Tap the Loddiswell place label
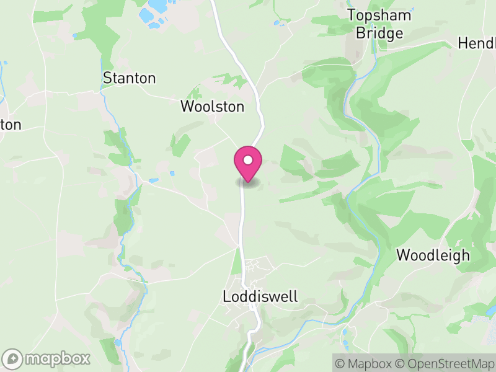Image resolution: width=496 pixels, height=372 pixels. coord(260,297)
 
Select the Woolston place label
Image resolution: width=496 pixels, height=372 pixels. coord(212,107)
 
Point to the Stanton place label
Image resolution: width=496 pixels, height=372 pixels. coord(129,78)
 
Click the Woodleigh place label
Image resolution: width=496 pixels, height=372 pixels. coord(433,255)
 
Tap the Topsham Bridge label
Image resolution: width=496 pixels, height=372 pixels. coord(379,24)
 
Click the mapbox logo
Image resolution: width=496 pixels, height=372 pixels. coord(47,358)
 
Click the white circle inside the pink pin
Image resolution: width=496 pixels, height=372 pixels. coord(248,160)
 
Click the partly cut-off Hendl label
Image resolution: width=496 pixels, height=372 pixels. coord(477,43)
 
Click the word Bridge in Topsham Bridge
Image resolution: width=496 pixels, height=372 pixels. coord(379,33)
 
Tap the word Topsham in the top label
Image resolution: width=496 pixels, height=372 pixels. coord(379,15)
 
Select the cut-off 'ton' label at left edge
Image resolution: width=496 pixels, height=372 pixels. coord(11,125)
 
